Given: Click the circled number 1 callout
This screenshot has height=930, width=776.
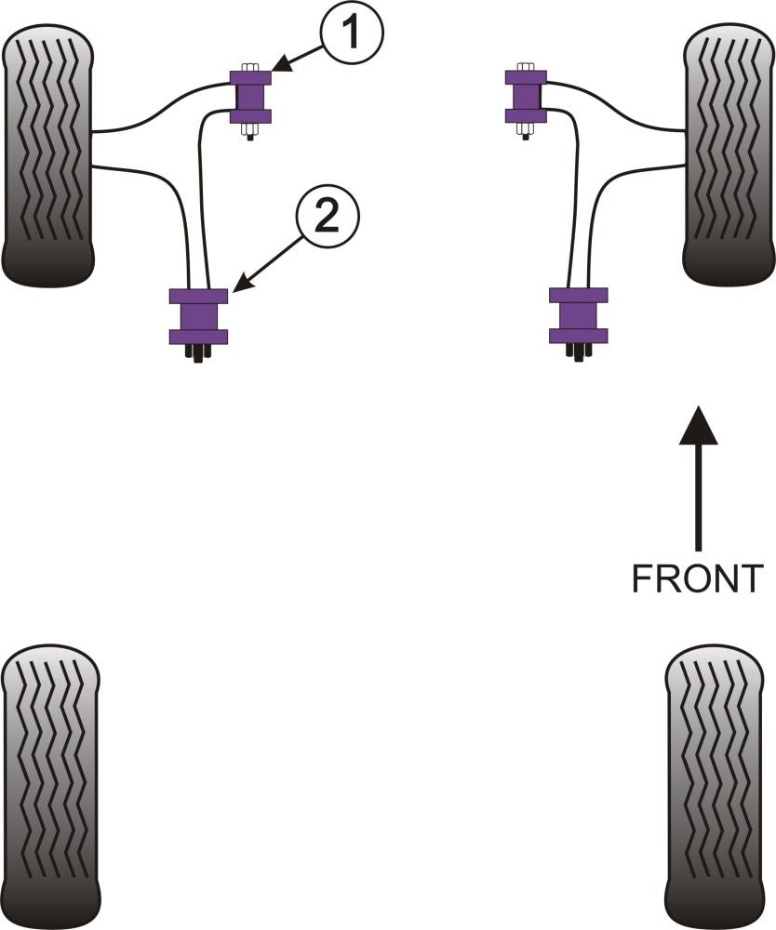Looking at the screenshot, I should coord(352,34).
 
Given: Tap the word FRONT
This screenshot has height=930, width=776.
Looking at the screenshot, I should coord(697,578).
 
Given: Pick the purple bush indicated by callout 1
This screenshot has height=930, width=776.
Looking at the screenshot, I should coord(250,97).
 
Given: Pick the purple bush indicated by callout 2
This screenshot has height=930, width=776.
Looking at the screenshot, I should coord(198,316).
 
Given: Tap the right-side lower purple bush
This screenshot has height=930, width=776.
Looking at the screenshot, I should coord(578,315).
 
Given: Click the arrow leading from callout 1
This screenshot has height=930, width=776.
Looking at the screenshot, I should coord(297,60).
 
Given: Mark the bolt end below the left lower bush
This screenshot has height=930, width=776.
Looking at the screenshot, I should coord(197,352).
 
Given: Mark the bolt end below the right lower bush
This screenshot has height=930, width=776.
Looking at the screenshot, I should coord(578,352).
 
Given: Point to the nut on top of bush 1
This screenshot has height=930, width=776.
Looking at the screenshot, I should coord(249,67).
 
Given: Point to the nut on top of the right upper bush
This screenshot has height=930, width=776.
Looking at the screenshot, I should coord(526,67).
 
